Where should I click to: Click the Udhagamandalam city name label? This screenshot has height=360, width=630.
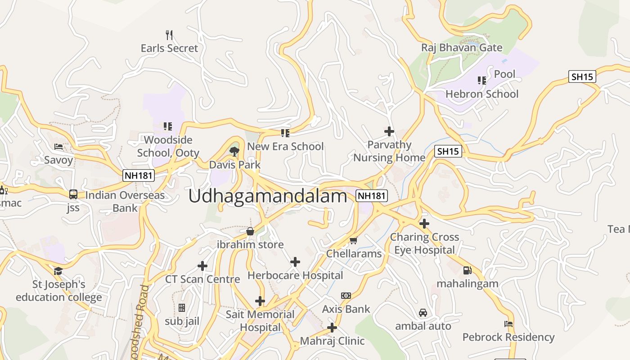(268, 197)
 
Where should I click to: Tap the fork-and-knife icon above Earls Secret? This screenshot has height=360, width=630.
(169, 35)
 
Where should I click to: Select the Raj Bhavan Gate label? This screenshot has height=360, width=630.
(462, 47)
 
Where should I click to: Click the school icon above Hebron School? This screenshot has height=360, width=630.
(482, 81)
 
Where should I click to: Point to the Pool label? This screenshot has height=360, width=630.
(504, 74)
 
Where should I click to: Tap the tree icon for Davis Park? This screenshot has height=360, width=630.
(234, 151)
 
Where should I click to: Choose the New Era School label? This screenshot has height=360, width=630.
(285, 146)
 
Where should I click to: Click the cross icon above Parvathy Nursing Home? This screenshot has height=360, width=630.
(389, 131)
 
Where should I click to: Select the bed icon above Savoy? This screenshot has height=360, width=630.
(58, 146)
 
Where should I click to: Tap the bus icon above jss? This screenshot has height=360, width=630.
(73, 194)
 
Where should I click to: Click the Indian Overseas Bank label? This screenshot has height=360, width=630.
(125, 202)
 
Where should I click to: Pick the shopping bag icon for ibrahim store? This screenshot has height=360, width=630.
(250, 231)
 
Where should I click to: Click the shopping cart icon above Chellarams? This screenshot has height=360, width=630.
(354, 240)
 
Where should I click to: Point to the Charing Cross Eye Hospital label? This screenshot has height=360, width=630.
(424, 243)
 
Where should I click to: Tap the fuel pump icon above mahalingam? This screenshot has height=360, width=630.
(468, 270)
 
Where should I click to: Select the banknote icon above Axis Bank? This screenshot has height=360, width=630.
(346, 296)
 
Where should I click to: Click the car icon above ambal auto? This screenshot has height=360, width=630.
(423, 313)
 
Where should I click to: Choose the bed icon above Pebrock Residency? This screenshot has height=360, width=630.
(508, 324)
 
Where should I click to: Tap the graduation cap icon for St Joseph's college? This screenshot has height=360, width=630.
(58, 271)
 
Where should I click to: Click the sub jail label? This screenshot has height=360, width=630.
(182, 321)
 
